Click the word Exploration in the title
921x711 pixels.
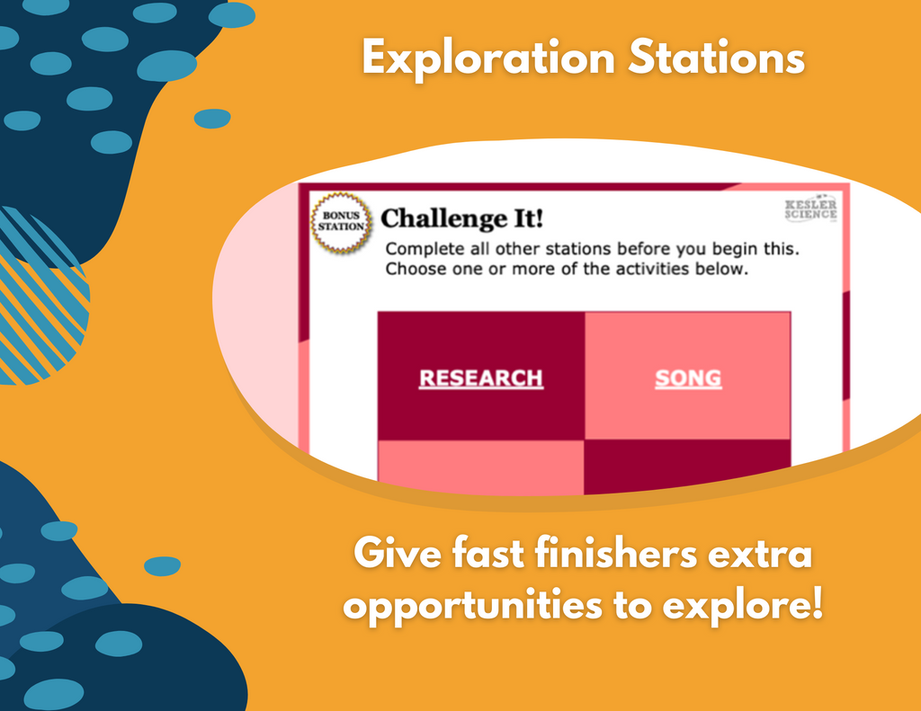coord(488,58)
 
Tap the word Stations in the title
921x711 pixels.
coord(716,58)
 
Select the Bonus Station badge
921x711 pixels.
coord(341,222)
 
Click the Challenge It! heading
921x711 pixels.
coord(461,218)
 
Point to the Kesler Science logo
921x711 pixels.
coord(810,209)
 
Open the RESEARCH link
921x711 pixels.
coord(481,378)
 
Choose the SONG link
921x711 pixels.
coord(688,378)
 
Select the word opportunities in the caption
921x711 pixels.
coord(473,605)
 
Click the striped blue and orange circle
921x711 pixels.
coord(36,296)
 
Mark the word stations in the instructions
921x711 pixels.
coord(579,250)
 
